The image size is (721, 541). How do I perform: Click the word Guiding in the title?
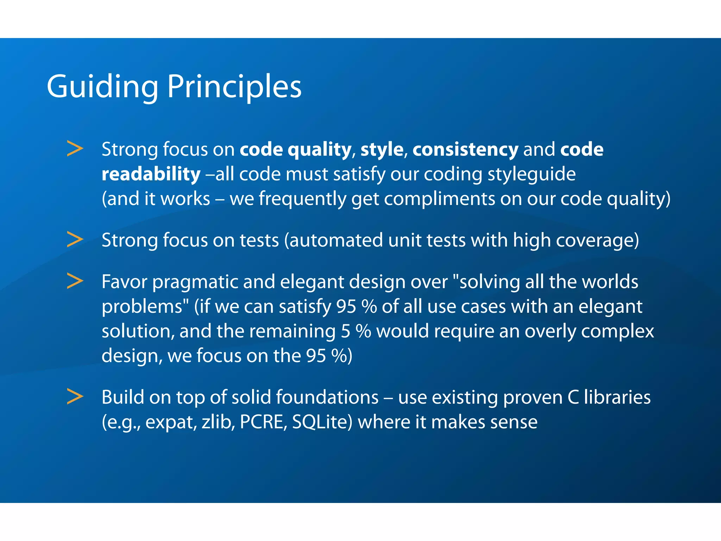102,87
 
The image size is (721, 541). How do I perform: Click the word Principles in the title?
234,87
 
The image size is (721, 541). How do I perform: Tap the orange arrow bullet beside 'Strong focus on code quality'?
75,149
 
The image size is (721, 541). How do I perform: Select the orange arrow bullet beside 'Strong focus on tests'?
75,240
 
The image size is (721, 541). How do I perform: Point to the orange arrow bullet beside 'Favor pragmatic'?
75,281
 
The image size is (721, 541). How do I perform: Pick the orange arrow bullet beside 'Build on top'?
75,397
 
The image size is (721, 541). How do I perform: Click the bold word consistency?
465,149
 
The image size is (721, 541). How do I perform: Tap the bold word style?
382,149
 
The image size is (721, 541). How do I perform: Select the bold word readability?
151,174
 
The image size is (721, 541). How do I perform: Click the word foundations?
327,397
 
